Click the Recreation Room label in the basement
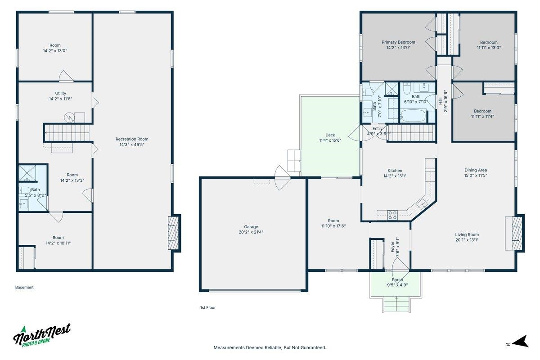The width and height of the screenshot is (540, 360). click(x=132, y=139)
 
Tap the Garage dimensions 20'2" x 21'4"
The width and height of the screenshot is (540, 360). click(x=251, y=232)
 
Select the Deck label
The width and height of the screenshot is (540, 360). click(x=330, y=135)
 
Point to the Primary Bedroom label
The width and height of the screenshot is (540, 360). click(x=398, y=42)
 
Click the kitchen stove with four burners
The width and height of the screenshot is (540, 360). click(x=392, y=215)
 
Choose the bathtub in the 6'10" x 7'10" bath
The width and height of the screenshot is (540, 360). click(x=413, y=116)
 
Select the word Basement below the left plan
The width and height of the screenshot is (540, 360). click(x=24, y=288)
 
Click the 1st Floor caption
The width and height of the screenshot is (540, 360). click(x=208, y=308)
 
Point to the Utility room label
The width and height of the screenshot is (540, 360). click(x=60, y=93)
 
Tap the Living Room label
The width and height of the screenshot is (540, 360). click(x=467, y=234)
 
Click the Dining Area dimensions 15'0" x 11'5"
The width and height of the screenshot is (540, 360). click(x=476, y=175)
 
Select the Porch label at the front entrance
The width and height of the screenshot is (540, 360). click(x=397, y=280)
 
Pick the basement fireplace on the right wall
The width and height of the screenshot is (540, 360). click(x=174, y=233)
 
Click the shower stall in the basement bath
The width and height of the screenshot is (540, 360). click(x=27, y=173)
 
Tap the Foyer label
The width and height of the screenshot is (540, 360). click(x=393, y=247)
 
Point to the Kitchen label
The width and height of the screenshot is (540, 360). click(x=395, y=171)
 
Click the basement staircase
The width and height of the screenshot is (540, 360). click(x=67, y=133)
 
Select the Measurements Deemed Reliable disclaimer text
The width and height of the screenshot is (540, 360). click(x=270, y=348)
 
